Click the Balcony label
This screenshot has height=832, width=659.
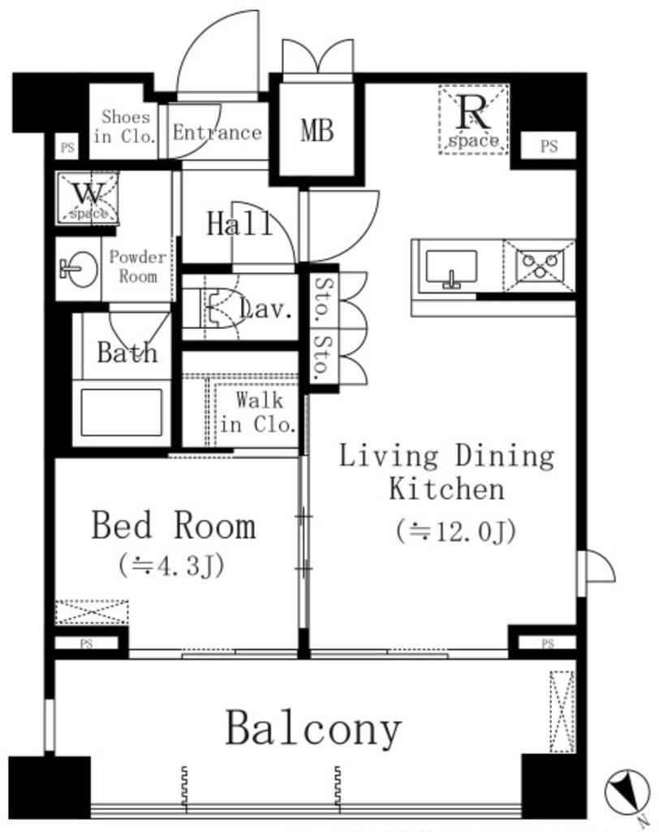click(x=313, y=730)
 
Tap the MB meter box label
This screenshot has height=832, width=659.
click(x=317, y=130)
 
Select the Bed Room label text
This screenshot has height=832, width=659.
click(x=174, y=526)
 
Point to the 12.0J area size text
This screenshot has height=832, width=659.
click(x=456, y=532)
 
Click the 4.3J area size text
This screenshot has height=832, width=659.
click(x=171, y=565)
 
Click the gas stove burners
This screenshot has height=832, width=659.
click(x=540, y=266)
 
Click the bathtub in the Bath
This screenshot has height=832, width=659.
click(x=122, y=412)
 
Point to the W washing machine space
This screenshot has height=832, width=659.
click(x=88, y=198)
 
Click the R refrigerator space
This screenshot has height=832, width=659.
click(x=473, y=120)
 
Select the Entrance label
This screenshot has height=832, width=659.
click(x=218, y=132)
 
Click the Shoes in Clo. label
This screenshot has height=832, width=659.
click(x=125, y=126)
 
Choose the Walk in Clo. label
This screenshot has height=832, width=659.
click(x=258, y=412)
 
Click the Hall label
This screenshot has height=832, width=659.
click(x=239, y=223)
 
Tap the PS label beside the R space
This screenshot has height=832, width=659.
click(x=549, y=145)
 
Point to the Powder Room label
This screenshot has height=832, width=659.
click(x=137, y=266)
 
